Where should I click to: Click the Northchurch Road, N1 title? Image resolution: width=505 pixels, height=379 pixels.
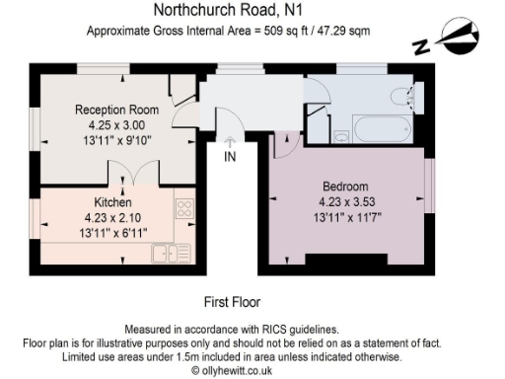(x=221, y=11)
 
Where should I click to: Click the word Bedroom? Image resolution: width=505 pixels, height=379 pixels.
(x=345, y=187)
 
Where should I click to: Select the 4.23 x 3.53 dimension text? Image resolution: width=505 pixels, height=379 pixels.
(x=345, y=201)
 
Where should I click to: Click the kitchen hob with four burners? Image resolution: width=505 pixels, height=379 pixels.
(x=183, y=209)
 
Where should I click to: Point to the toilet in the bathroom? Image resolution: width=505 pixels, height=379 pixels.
(x=403, y=96)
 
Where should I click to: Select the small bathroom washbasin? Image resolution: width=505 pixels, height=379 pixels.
(x=339, y=135)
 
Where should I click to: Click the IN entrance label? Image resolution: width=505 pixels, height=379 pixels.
(x=230, y=156)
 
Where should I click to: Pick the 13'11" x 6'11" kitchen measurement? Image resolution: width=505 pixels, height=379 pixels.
(x=113, y=229)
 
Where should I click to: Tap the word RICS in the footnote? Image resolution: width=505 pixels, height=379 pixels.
(x=272, y=329)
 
